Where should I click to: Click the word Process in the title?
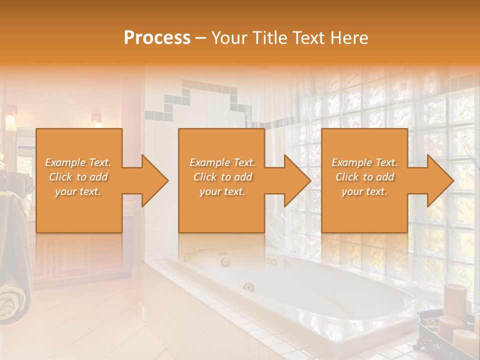coord(157,38)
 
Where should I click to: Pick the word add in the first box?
coord(98,177)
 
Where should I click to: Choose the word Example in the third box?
coord(352,162)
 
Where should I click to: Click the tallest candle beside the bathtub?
coord(454,300)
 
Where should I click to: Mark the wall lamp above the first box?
coord(96,120)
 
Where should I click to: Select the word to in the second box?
coord(226,177)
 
